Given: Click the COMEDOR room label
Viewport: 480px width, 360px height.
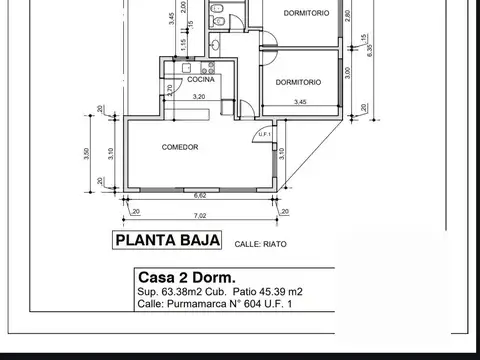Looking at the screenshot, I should pyautogui.click(x=180, y=147).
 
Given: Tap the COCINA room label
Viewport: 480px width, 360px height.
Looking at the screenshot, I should pyautogui.click(x=187, y=80).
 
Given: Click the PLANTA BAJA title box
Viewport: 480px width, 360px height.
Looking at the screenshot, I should pyautogui.click(x=159, y=241).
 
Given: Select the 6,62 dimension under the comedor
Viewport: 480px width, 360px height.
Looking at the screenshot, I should pyautogui.click(x=199, y=196).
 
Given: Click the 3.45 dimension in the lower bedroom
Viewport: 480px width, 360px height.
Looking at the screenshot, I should pyautogui.click(x=300, y=102).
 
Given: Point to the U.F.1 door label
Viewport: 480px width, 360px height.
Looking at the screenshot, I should pyautogui.click(x=266, y=133).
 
